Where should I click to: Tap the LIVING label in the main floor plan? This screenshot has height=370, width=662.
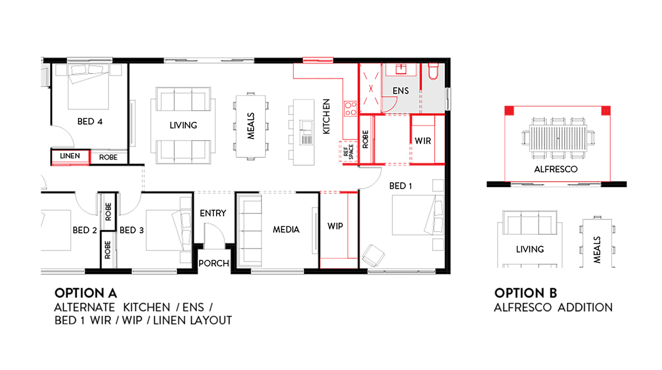pos(183,126)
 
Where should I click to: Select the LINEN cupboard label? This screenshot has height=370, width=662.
pos(70,156)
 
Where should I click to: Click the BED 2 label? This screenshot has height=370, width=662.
pos(85,230)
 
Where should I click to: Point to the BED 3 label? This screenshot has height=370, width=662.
pos(132,230)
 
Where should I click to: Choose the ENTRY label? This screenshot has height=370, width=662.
pos(213,213)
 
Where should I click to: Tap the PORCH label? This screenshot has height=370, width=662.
pos(214,263)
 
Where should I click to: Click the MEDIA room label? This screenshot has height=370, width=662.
pos(286,230)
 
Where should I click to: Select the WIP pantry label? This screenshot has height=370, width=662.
pos(335,226)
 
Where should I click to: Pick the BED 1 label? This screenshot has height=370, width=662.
pos(400,186)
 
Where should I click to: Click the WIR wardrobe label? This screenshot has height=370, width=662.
pos(423,141)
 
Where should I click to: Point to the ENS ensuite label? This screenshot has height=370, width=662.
pos(401,91)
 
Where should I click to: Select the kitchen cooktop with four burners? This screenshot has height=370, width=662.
pos(350,108)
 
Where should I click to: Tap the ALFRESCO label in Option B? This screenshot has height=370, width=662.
pos(556,169)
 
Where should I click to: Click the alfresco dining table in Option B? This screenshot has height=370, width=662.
pos(558,138)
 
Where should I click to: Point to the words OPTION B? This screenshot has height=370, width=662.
pos(526,293)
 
